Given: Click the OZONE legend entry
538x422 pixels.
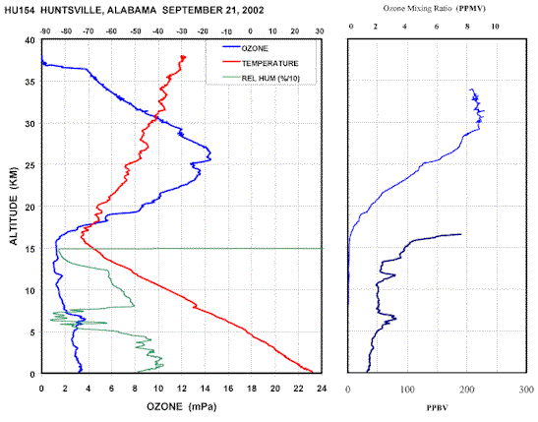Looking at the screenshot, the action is [255, 48].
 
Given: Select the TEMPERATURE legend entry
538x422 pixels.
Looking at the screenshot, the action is [270, 64].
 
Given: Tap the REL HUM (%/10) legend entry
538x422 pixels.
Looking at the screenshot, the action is [270, 79].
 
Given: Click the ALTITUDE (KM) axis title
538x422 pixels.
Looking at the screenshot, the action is [14, 206].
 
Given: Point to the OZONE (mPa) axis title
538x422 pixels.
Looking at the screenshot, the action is [182, 407].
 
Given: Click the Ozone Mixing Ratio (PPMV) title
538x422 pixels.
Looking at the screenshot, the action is [435, 9].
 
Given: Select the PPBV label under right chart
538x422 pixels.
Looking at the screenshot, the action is [437, 408].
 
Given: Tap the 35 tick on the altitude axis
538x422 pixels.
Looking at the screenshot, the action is [30, 82].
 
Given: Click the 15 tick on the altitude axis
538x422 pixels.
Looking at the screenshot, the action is [30, 249].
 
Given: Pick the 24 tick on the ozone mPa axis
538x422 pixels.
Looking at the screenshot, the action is [322, 389].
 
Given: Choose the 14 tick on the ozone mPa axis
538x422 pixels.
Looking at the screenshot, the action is [205, 389].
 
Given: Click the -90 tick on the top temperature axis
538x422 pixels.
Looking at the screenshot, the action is [45, 31].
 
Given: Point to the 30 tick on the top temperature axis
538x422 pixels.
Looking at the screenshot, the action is [319, 31].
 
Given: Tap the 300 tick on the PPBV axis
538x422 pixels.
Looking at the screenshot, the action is [526, 390].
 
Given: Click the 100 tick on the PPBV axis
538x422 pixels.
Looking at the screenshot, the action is [407, 390].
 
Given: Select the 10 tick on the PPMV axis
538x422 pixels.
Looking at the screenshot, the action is [495, 27].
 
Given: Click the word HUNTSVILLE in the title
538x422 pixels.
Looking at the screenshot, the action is [71, 10].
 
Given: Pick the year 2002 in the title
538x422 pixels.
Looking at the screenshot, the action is [252, 10].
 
